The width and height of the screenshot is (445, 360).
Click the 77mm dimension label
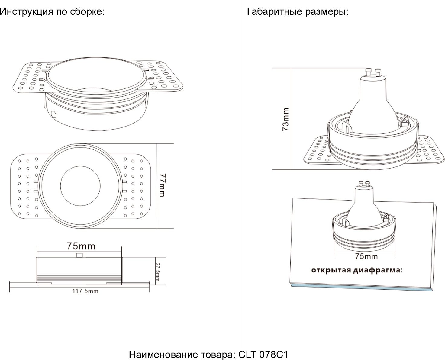[x=162, y=185]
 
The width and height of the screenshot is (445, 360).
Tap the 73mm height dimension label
[x=285, y=120]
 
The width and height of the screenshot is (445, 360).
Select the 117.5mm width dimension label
[x=85, y=291]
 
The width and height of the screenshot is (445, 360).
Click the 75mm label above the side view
[x=81, y=246]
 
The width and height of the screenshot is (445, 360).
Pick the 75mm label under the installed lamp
[x=366, y=256]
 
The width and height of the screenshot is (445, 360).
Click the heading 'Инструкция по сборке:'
[x=52, y=12]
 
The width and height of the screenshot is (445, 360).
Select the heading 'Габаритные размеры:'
[x=298, y=12]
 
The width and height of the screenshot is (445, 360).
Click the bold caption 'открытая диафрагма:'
[x=356, y=270]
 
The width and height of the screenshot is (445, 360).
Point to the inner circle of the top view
[x=80, y=186]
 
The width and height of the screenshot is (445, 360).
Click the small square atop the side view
[x=79, y=255]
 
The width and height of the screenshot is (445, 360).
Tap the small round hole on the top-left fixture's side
[x=54, y=115]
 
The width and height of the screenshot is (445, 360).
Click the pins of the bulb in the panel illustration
[x=364, y=183]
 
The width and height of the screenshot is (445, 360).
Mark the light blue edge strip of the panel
[x=362, y=288]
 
